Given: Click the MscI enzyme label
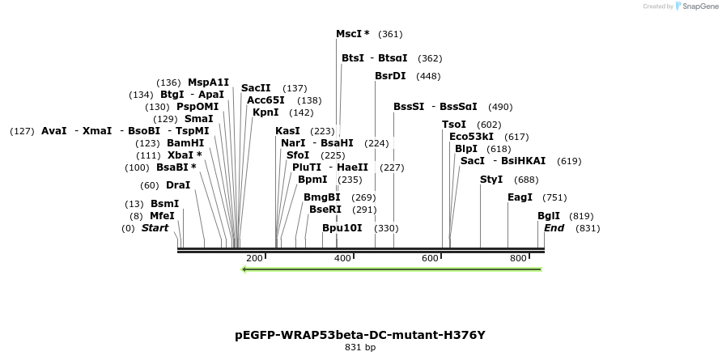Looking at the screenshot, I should tap(352, 34).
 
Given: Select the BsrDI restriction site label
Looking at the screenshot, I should tap(390, 76).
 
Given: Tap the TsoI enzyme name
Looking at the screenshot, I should tap(454, 125).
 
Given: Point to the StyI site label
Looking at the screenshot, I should tap(491, 180).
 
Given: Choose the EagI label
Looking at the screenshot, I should tap(520, 197).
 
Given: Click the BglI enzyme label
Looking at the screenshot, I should tap(549, 216).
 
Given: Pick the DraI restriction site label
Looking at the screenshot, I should tap(177, 185).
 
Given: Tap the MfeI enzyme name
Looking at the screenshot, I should tap(162, 216).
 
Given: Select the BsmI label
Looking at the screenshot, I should tap(164, 204).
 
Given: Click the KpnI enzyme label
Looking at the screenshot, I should tap(265, 112).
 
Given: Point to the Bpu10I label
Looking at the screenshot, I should tap(342, 228).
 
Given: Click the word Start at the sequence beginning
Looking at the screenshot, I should tap(155, 228).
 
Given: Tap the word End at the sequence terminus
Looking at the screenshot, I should tap(554, 228).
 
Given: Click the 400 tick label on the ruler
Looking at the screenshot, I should tap(342, 258).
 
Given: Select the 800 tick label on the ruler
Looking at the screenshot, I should tap(518, 258).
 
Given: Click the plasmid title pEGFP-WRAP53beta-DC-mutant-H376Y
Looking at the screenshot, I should tap(360, 334).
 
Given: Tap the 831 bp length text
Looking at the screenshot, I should tap(360, 348).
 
